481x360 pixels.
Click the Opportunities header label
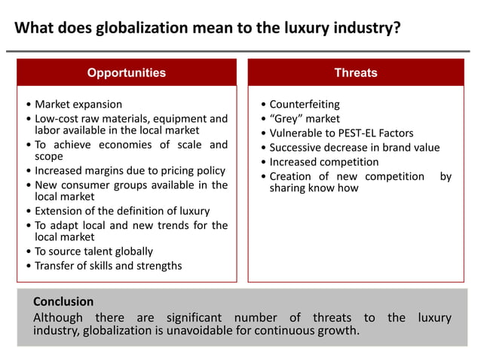[x=126, y=73]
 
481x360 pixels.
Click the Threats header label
[x=356, y=73]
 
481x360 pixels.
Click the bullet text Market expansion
[x=78, y=104]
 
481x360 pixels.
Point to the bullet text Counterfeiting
[x=305, y=104]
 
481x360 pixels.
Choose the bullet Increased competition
[x=324, y=162]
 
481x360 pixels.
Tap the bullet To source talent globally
[x=93, y=251]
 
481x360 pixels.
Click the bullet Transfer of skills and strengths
[x=108, y=265]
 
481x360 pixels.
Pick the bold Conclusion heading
[x=63, y=301]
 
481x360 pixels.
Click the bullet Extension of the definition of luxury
[x=122, y=211]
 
